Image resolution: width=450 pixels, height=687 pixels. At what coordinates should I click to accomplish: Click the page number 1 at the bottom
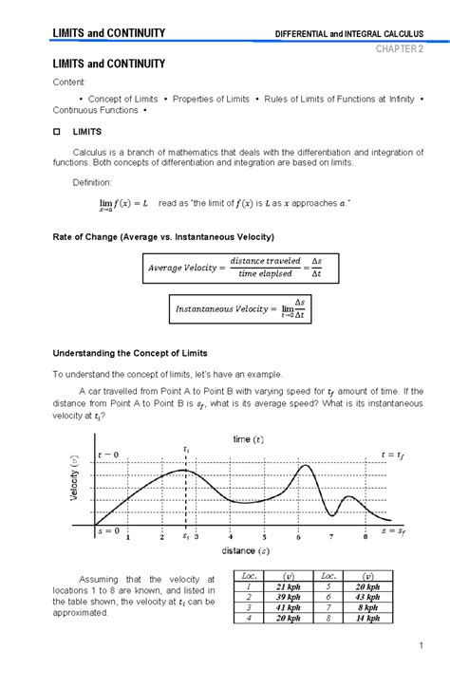click(x=419, y=647)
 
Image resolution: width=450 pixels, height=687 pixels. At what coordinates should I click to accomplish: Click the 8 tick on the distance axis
click(x=365, y=537)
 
